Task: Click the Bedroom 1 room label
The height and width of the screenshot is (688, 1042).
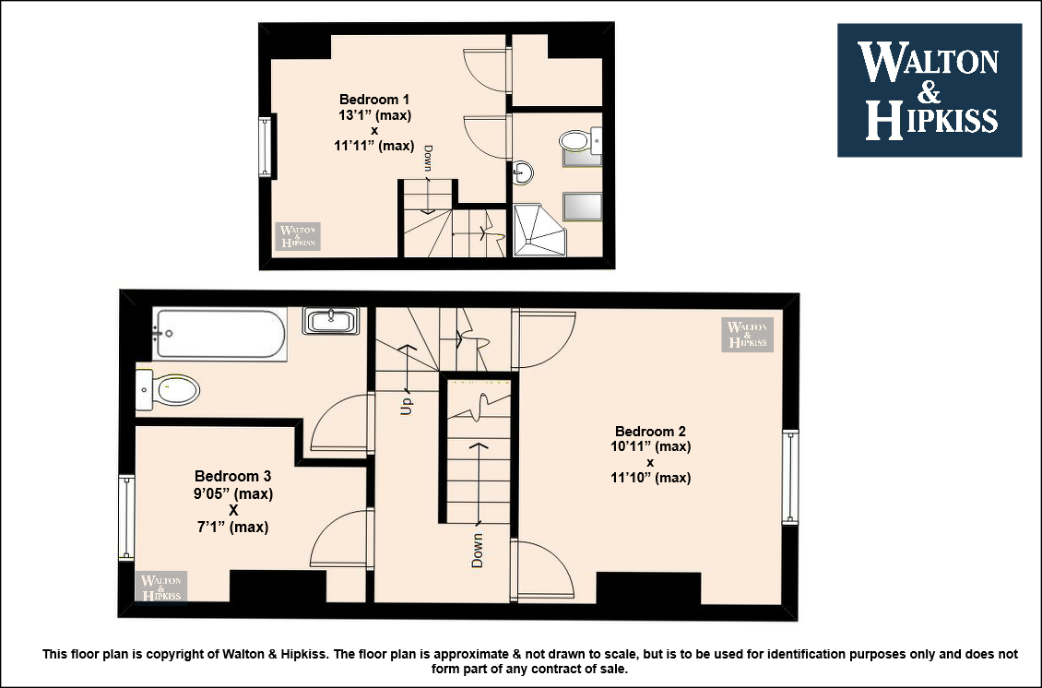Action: pos(374,100)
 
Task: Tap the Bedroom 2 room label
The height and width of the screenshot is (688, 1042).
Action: pos(650,432)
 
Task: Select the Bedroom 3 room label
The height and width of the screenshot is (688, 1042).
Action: pos(232,477)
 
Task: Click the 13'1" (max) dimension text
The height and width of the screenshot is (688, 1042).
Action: pos(374,115)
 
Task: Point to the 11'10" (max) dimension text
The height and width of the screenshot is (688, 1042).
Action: pos(651,478)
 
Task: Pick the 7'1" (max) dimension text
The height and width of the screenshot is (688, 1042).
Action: pos(232,528)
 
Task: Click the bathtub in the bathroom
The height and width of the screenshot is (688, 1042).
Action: pos(220,334)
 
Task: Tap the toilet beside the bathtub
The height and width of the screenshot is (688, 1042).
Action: pos(168,390)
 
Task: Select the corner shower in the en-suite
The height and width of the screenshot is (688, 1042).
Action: pos(539,230)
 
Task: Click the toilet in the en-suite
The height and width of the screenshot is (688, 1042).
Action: pos(580,141)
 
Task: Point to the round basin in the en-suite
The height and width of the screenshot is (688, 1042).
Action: pos(523,173)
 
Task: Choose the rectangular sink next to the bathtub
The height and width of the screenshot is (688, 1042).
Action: pos(331,320)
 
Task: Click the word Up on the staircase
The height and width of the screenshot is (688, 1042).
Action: pos(406,406)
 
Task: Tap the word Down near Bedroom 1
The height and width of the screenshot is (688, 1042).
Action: pos(428,159)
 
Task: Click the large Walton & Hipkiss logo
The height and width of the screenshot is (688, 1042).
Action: pos(929,90)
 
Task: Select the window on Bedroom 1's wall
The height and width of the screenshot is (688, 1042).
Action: pos(266,147)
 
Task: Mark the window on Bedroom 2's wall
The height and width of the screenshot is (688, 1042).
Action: pos(790,478)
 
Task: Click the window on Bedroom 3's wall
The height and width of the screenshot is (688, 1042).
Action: pos(126,517)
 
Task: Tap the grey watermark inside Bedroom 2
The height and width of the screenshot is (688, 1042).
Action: pos(748,335)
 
